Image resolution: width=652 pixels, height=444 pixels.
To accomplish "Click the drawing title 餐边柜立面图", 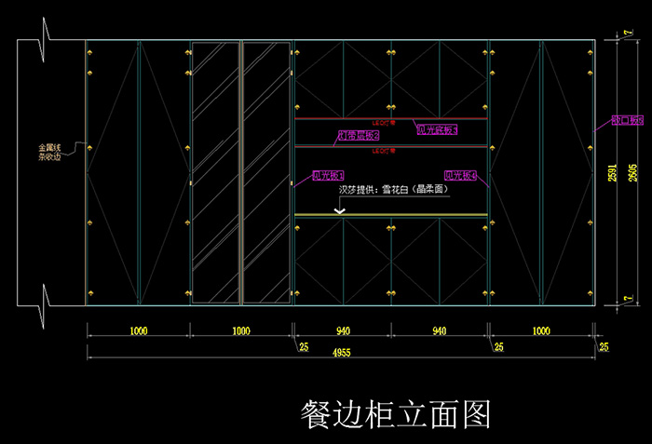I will pyautogui.click(x=396, y=412).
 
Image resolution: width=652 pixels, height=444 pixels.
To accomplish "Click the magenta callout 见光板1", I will pyautogui.click(x=328, y=175).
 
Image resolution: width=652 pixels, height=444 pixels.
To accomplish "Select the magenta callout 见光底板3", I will pyautogui.click(x=437, y=130).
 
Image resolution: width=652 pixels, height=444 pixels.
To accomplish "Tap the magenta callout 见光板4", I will pyautogui.click(x=461, y=175).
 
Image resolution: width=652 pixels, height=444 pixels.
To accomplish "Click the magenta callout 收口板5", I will pyautogui.click(x=629, y=120).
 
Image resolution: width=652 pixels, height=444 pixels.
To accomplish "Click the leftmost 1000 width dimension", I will pyautogui.click(x=138, y=330).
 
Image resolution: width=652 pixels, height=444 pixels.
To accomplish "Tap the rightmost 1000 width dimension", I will pyautogui.click(x=540, y=330).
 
